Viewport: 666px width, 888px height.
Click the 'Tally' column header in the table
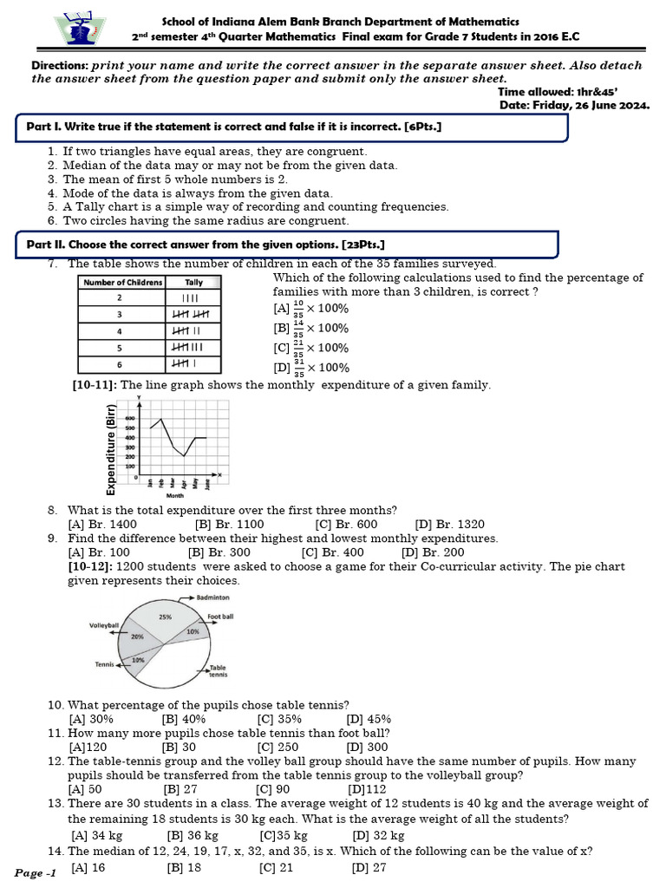tap(193, 283)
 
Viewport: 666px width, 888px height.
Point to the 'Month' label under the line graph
tap(175, 497)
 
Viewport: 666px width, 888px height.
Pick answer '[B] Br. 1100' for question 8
tap(230, 525)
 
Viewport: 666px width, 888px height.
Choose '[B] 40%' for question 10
tap(184, 719)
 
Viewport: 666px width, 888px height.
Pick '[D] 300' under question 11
tap(368, 747)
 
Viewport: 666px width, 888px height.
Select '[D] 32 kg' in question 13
tap(379, 836)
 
